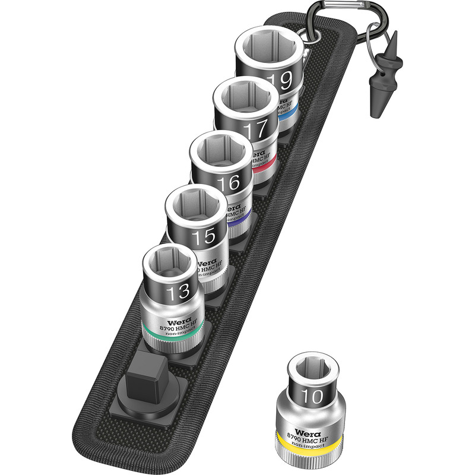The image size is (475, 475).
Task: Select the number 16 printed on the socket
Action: [229, 183]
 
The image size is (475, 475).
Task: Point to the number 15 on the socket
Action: [203, 237]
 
